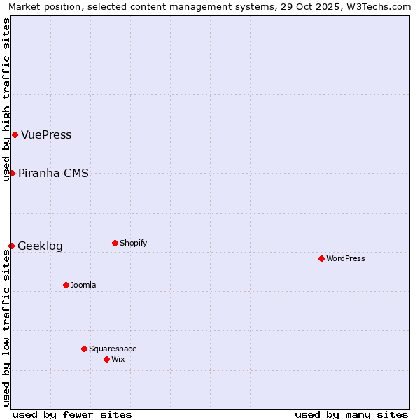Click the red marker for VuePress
point(15,134)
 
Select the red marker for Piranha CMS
point(12,173)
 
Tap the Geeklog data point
point(11,246)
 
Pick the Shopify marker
point(115,243)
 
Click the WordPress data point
point(321,258)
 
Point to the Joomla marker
point(66,285)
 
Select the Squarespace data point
point(84,349)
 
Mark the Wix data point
point(106,359)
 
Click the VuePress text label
point(46,135)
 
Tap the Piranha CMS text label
point(53,174)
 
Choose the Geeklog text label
point(40,246)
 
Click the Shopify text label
point(133,244)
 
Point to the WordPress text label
point(346,259)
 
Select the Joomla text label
point(83,286)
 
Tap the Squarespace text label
point(113,349)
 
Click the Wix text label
point(118,360)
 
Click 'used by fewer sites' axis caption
point(72,414)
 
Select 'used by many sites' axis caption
point(351,414)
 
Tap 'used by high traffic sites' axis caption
point(6,99)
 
